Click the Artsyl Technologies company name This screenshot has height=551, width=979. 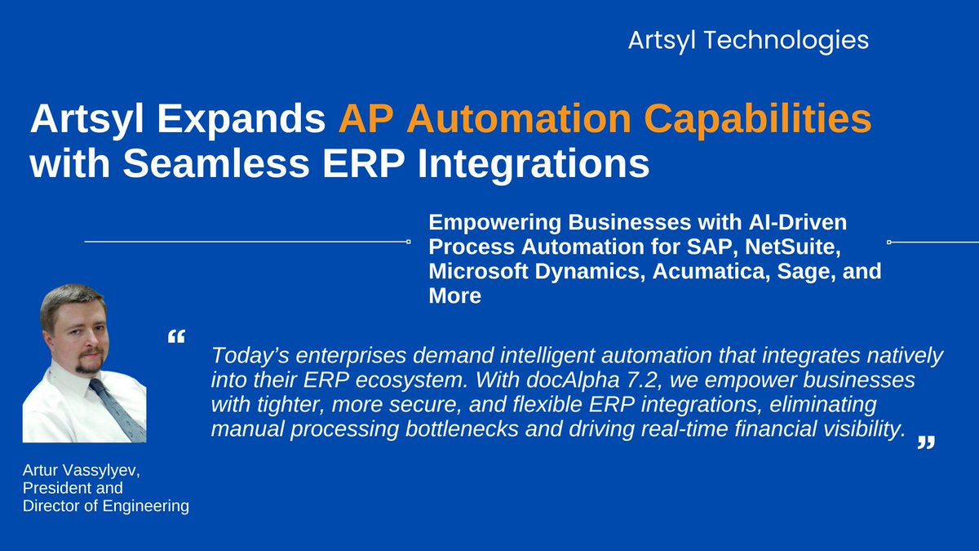pos(747,40)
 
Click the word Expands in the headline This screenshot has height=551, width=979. pos(247,120)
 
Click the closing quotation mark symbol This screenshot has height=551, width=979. pos(924,442)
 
